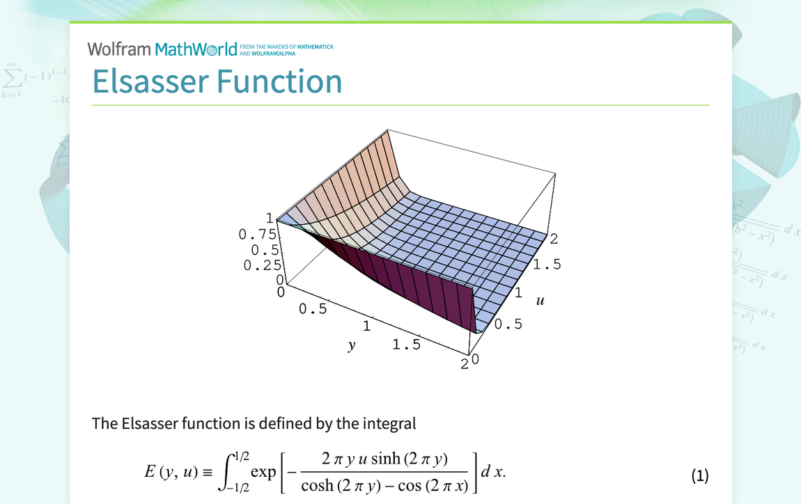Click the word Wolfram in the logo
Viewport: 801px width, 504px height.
pos(118,49)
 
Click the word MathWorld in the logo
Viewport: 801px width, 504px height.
pos(196,49)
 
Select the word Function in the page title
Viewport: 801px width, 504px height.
pos(281,81)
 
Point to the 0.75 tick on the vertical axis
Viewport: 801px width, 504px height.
pos(258,235)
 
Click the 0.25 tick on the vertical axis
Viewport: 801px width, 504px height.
pos(263,265)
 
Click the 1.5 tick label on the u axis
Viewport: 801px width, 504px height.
pos(547,265)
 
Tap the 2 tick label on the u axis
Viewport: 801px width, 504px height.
pos(554,239)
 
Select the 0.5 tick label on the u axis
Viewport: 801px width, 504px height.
pos(508,324)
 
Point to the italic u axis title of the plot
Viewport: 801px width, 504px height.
pos(540,301)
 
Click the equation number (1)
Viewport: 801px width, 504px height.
pos(699,475)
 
